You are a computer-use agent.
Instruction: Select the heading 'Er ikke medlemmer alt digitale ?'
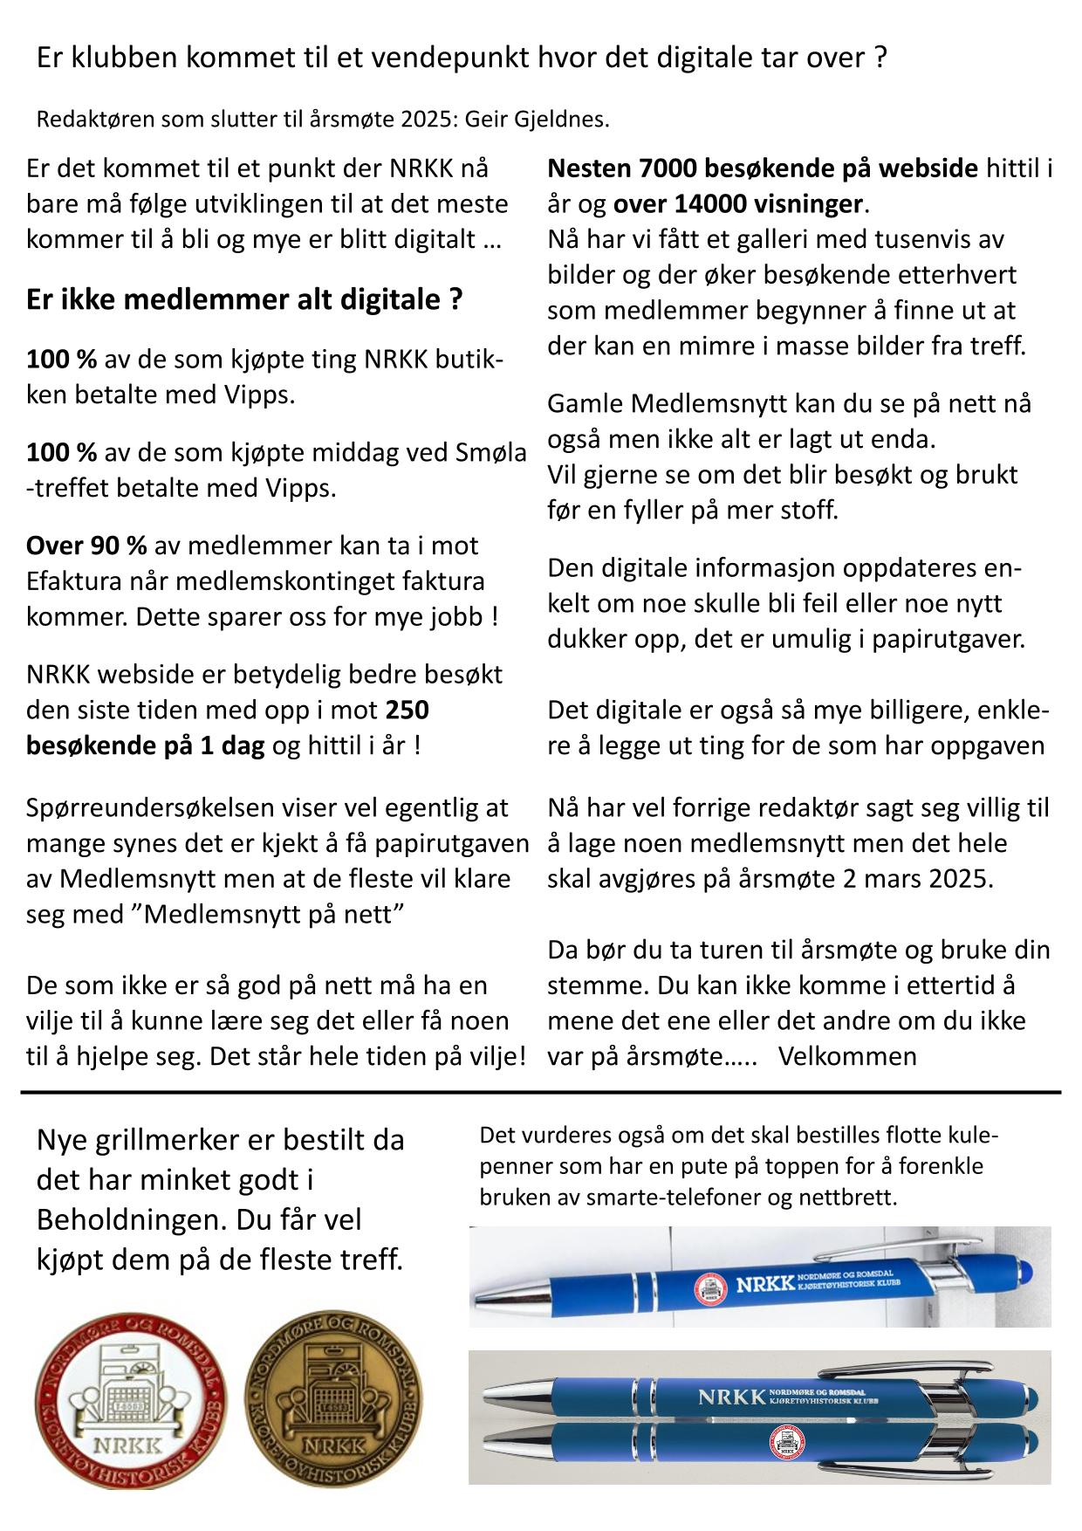pos(244,299)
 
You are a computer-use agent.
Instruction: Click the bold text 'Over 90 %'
pos(86,546)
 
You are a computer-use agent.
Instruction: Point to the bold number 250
pos(407,711)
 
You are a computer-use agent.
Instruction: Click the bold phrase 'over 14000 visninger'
pos(738,204)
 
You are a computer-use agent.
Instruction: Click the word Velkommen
pos(847,1056)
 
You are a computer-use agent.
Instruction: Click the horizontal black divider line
pos(541,1092)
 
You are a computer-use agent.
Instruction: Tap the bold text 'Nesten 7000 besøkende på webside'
pos(764,168)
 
